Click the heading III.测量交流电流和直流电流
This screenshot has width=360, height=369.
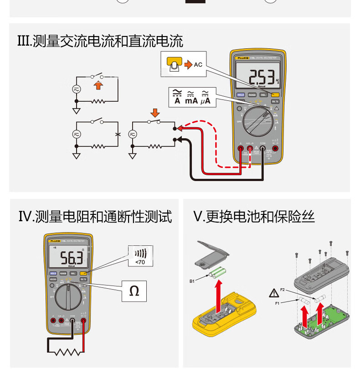99,42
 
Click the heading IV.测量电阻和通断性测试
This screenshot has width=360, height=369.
95,216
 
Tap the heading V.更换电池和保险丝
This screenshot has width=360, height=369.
254,216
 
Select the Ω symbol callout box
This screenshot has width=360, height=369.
134,291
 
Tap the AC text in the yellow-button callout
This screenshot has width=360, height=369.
198,65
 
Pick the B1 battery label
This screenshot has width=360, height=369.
193,281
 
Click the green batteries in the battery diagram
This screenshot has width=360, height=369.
217,273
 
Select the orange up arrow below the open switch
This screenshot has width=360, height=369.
98,85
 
